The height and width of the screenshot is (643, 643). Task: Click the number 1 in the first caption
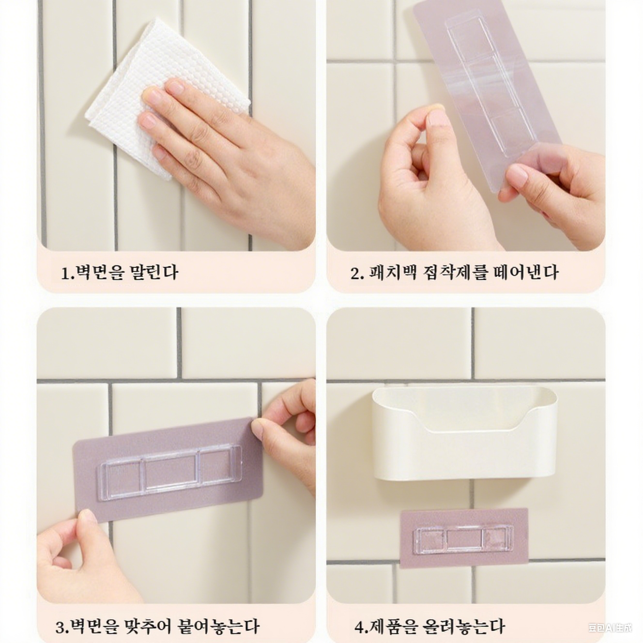pyautogui.click(x=65, y=273)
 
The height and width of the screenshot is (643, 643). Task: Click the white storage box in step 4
pyautogui.click(x=464, y=436)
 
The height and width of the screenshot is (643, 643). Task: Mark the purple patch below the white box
pyautogui.click(x=464, y=537)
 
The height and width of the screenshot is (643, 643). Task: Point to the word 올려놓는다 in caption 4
pyautogui.click(x=464, y=627)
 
